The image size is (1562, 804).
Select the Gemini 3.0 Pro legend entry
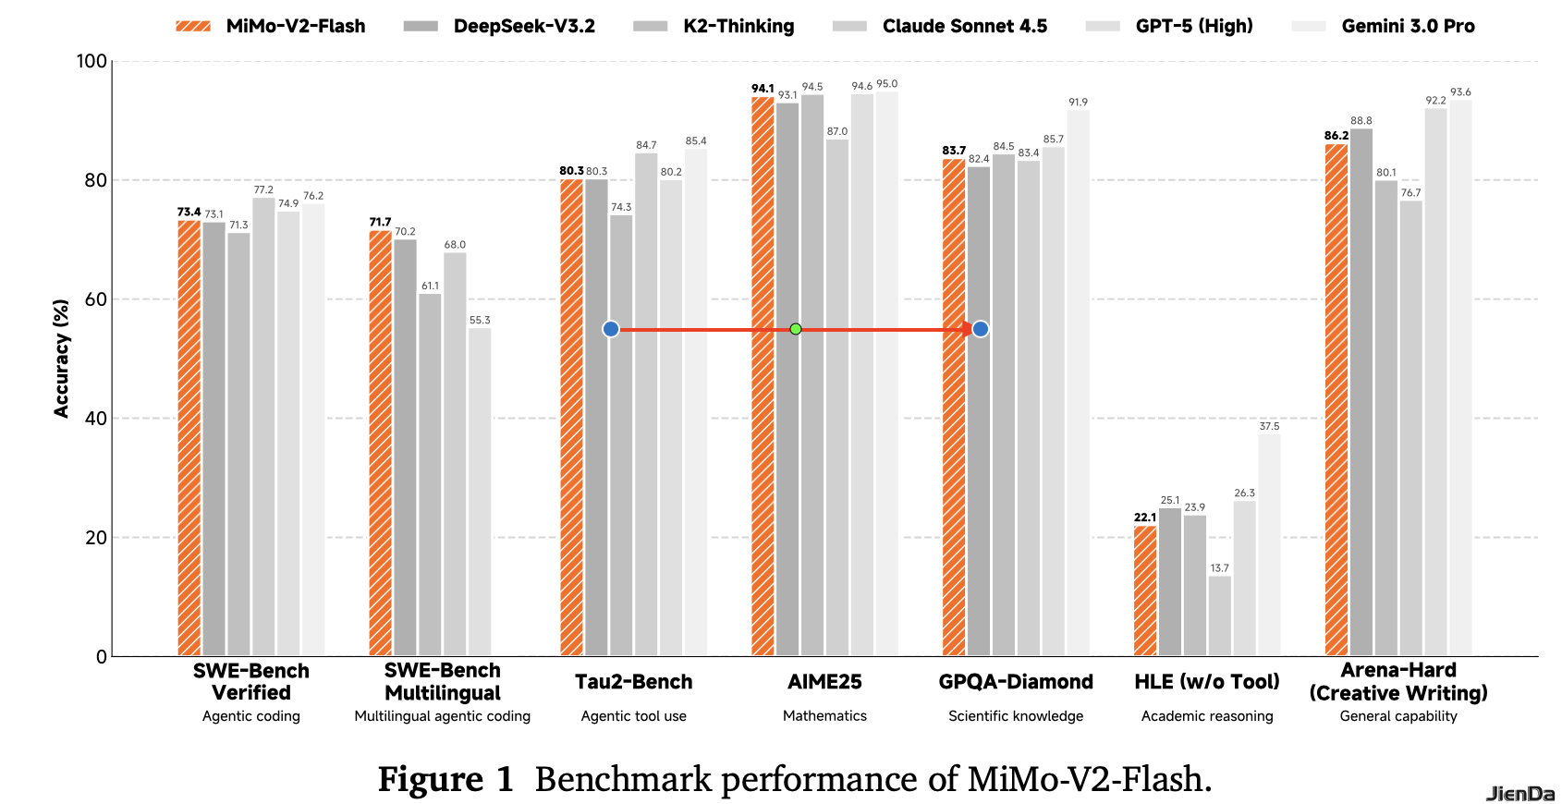tap(1384, 26)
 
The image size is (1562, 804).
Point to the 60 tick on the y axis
tap(96, 299)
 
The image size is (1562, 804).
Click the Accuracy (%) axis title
tap(62, 359)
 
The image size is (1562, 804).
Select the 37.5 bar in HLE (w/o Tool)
tap(1269, 545)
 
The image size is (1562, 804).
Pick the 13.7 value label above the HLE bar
tap(1220, 568)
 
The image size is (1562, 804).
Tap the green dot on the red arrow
tap(796, 329)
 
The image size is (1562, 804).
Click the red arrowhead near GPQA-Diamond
tap(966, 329)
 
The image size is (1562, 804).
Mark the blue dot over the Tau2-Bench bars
tap(611, 329)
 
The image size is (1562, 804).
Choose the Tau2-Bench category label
tap(633, 682)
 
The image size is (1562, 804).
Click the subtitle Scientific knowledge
tap(1016, 716)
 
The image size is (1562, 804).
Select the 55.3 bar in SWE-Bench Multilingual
tap(480, 492)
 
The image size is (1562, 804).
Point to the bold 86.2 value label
tap(1336, 136)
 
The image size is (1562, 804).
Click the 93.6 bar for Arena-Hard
tap(1460, 378)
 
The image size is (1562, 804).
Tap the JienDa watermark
tap(1520, 793)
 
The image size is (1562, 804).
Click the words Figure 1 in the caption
tap(445, 779)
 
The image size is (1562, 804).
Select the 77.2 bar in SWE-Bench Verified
tap(263, 427)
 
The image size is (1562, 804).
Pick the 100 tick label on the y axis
tap(92, 61)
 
